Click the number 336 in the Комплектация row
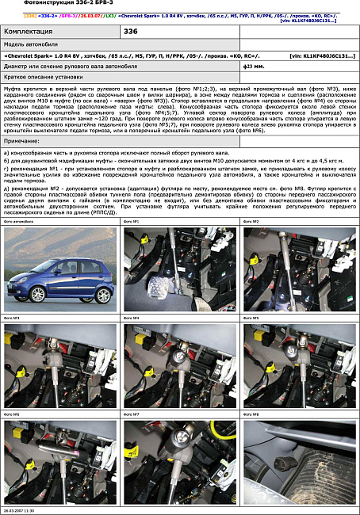point(131,31)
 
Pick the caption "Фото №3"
point(11,318)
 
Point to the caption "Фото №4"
point(131,318)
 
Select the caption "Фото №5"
point(251,318)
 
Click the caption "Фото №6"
point(11,414)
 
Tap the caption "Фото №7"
point(131,414)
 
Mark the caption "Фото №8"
point(251,414)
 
